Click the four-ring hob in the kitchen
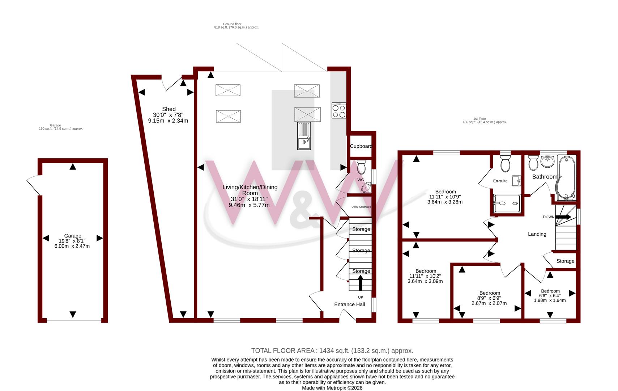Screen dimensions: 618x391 (339, 110)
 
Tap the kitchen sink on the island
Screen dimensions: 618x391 (304, 136)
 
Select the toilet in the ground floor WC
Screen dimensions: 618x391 (361, 167)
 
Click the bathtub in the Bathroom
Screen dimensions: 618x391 (566, 178)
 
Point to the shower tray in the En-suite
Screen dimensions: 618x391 (507, 203)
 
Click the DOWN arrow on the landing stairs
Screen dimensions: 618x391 (563, 217)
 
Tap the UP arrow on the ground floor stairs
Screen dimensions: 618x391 (360, 283)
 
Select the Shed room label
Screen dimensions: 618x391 (169, 109)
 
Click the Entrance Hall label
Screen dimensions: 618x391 (349, 304)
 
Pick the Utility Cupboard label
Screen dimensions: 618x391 (361, 207)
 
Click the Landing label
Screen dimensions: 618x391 (537, 234)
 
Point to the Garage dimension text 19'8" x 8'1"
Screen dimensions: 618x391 (72, 241)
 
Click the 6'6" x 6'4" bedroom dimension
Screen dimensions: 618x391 (550, 296)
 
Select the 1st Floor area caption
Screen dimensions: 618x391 (485, 121)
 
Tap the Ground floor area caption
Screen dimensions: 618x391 (236, 26)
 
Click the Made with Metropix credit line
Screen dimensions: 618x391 (332, 388)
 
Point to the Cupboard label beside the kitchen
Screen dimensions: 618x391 (361, 146)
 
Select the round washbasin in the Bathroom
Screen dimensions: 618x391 (547, 161)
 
